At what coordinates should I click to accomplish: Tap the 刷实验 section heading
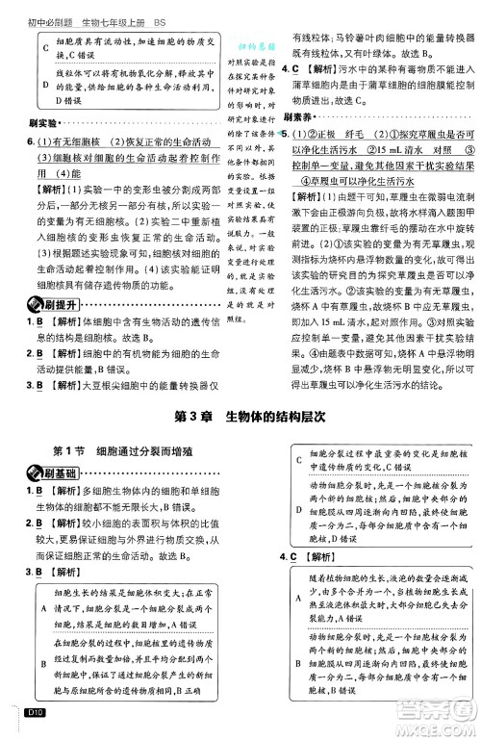33,123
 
